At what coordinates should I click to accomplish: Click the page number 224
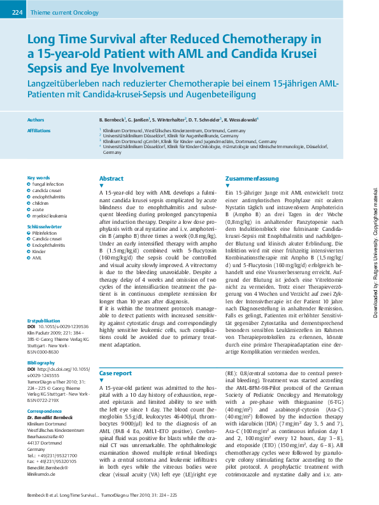17,12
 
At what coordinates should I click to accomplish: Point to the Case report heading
115,373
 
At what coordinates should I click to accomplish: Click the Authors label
36,120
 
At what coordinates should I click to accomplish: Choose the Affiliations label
39,130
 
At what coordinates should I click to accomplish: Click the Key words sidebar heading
38,177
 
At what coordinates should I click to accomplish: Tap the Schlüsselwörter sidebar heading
44,226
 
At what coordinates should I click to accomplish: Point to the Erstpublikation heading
43,321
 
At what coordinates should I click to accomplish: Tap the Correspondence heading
44,412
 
